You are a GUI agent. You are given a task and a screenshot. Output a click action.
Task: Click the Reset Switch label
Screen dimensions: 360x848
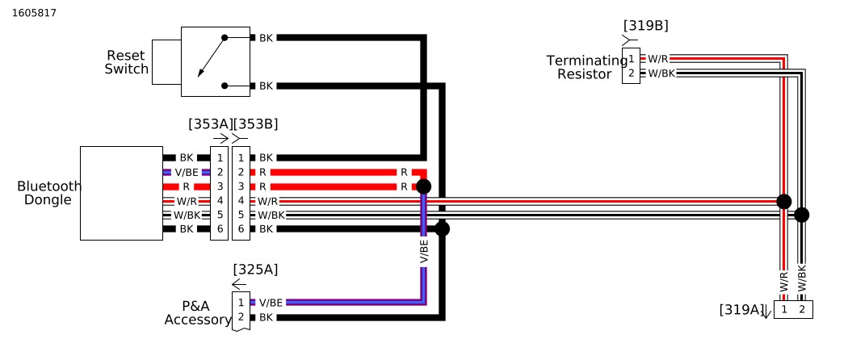pyautogui.click(x=127, y=62)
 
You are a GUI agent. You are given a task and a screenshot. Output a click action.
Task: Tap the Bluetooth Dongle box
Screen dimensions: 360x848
pyautogui.click(x=121, y=193)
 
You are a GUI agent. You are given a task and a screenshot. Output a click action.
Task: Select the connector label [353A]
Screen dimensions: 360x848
pyautogui.click(x=209, y=124)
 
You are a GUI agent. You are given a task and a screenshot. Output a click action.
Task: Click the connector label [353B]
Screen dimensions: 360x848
pyautogui.click(x=255, y=124)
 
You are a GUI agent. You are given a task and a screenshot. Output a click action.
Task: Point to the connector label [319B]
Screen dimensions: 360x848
pyautogui.click(x=645, y=26)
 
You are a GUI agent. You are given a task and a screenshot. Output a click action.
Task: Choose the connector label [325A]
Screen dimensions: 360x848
pyautogui.click(x=255, y=270)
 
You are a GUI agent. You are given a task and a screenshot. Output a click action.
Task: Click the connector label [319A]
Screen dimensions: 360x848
pyautogui.click(x=741, y=309)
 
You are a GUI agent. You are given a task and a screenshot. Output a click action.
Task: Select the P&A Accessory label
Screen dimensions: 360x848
pyautogui.click(x=197, y=312)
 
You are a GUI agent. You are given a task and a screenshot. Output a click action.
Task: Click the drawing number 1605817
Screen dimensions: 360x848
pyautogui.click(x=34, y=13)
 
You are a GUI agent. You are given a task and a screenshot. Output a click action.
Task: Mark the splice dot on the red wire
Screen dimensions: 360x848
pyautogui.click(x=423, y=186)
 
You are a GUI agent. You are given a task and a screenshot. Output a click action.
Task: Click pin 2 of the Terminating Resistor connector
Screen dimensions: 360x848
pyautogui.click(x=631, y=73)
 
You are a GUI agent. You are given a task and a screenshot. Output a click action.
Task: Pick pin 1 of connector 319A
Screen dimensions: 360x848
pyautogui.click(x=783, y=309)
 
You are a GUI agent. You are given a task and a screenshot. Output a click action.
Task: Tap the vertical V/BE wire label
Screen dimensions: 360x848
pyautogui.click(x=424, y=252)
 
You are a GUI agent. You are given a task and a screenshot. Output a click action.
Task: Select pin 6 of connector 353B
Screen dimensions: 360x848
pyautogui.click(x=241, y=229)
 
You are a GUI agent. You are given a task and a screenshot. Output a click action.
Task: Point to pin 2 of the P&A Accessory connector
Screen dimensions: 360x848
pyautogui.click(x=241, y=317)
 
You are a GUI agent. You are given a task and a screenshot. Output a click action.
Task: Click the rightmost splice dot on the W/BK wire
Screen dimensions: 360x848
pyautogui.click(x=801, y=215)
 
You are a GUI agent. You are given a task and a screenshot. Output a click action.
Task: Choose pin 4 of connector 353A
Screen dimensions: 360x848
pyautogui.click(x=219, y=200)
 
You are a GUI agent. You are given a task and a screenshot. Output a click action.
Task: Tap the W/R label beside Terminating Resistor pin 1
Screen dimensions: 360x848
pyautogui.click(x=658, y=59)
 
